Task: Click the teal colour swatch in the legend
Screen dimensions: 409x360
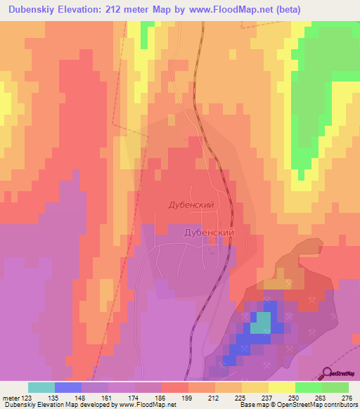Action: coord(41,387)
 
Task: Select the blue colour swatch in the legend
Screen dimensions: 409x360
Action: coord(68,387)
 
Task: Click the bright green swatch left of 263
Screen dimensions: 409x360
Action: coord(308,387)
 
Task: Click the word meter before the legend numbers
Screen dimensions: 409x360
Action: coord(12,398)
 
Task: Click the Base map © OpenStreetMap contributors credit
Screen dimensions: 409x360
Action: coord(297,405)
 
